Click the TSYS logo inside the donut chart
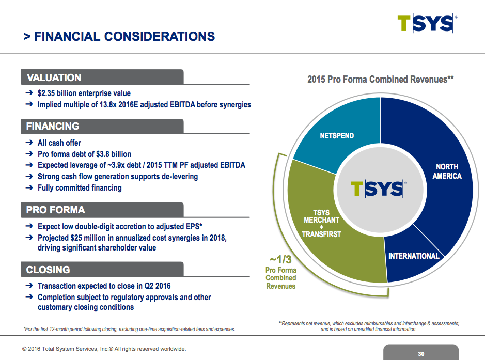pyautogui.click(x=377, y=189)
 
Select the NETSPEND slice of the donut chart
pyautogui.click(x=337, y=136)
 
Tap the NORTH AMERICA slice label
pyautogui.click(x=447, y=171)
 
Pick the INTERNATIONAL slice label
pyautogui.click(x=413, y=256)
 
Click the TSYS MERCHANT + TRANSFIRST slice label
pyautogui.click(x=321, y=224)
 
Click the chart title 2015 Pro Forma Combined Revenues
pyautogui.click(x=380, y=80)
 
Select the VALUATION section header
pyautogui.click(x=54, y=77)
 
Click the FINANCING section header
pyautogui.click(x=53, y=126)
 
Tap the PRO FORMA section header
pyautogui.click(x=56, y=210)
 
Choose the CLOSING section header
pyautogui.click(x=48, y=270)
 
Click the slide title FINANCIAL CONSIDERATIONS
pyautogui.click(x=119, y=36)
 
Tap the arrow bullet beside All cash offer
pyautogui.click(x=29, y=143)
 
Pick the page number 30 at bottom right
pyautogui.click(x=421, y=354)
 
